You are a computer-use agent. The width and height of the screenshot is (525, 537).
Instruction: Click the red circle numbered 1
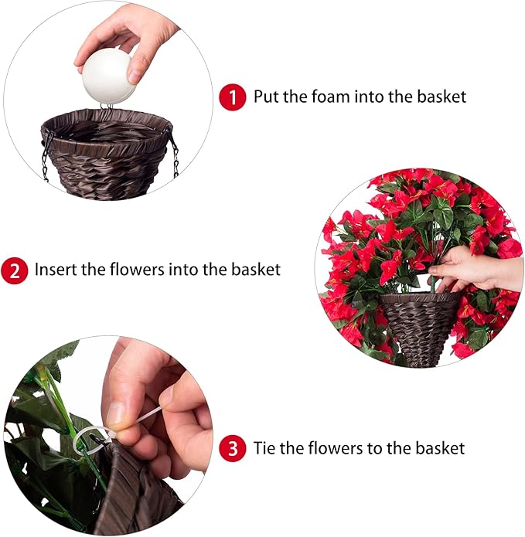231,97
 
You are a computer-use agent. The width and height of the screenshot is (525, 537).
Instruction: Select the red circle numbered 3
231,448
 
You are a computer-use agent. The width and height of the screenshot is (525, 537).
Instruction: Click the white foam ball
109,77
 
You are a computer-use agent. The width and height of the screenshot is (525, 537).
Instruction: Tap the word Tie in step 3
264,448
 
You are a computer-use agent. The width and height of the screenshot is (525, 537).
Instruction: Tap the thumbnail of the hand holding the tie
117,413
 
